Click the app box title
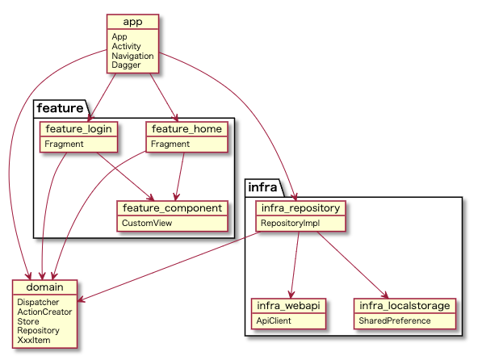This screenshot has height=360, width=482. point(132,22)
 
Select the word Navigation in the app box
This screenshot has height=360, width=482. point(132,56)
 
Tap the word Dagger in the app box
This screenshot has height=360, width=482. point(126,65)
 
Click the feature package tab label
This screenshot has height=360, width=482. point(60,108)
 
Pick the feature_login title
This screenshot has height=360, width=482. point(78,129)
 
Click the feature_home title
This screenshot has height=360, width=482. point(187,129)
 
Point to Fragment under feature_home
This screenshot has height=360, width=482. point(170,144)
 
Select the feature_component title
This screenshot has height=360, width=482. point(172,208)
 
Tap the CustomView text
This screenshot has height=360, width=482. point(147,223)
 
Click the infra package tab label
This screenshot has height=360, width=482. point(262,187)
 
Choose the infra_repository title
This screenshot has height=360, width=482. point(300,208)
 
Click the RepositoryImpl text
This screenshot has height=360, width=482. point(290,223)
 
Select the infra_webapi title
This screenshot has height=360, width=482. point(288,306)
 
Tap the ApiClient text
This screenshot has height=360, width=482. point(274,320)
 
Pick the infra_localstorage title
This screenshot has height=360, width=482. point(404,306)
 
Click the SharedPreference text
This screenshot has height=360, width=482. point(395,320)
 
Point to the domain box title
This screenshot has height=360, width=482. point(45,287)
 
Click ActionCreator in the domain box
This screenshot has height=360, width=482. point(44,312)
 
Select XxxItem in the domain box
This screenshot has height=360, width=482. point(34,340)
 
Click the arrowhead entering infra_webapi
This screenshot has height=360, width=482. point(291,295)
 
